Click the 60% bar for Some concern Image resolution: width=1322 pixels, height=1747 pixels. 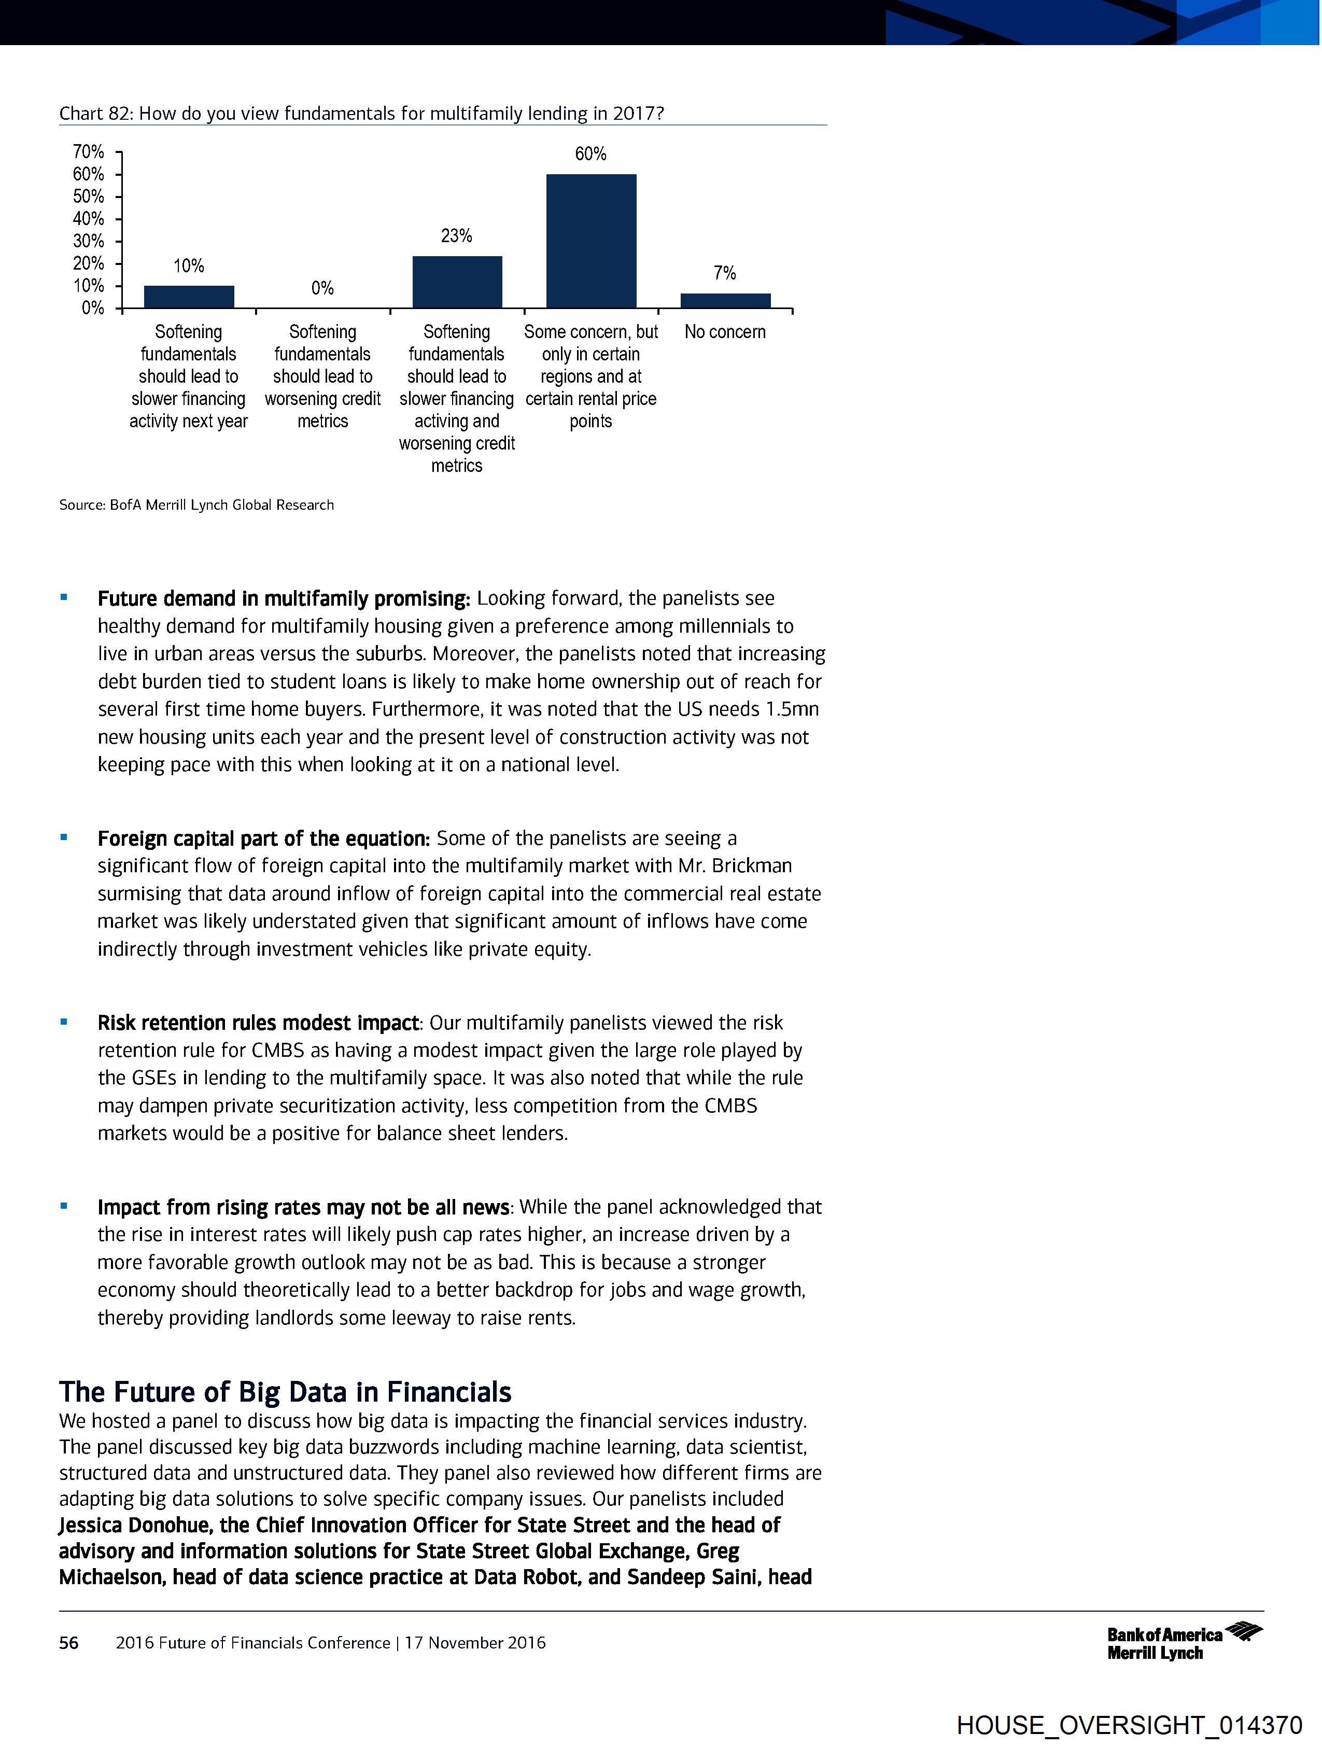click(x=590, y=241)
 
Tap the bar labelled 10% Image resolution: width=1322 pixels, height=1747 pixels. click(x=189, y=297)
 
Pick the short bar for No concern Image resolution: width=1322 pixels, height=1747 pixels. click(x=725, y=301)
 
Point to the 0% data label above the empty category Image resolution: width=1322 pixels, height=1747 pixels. click(x=322, y=288)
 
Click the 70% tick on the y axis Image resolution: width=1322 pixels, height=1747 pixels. click(x=89, y=151)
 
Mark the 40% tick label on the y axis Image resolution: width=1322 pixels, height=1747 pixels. click(x=89, y=219)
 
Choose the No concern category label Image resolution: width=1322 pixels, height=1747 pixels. click(x=725, y=332)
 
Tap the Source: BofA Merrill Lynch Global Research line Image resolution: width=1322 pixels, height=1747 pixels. click(x=196, y=505)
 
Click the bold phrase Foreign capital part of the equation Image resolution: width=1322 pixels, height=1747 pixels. click(x=263, y=838)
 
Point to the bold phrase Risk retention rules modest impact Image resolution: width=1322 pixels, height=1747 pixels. click(x=258, y=1023)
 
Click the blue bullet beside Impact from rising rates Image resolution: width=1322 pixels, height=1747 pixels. click(x=64, y=1206)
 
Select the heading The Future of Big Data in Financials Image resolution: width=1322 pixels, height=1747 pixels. click(x=285, y=1392)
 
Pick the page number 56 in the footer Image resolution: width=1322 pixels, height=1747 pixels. click(x=69, y=1643)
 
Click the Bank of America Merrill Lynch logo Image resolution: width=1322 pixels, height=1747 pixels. click(x=1184, y=1643)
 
